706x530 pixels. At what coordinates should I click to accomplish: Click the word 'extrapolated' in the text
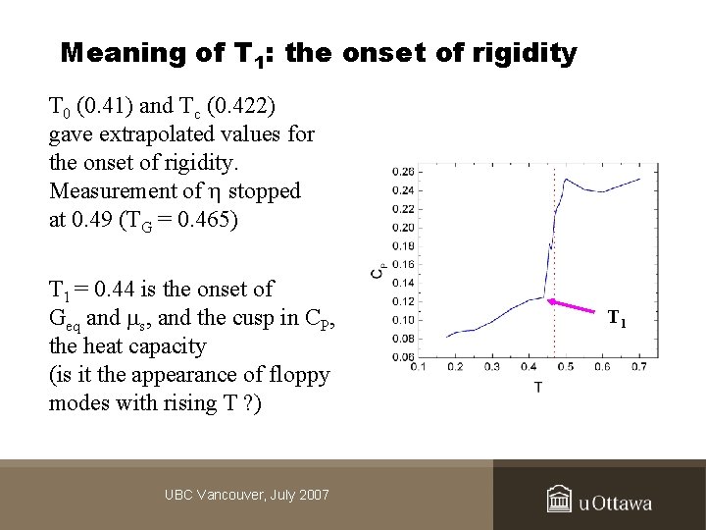pyautogui.click(x=147, y=133)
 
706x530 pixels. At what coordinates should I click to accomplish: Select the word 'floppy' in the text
pyautogui.click(x=300, y=375)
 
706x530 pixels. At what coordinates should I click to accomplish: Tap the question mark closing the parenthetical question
pyautogui.click(x=251, y=403)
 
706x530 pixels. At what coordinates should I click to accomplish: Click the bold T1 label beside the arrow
pyautogui.click(x=617, y=318)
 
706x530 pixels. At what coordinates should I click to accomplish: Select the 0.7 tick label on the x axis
pyautogui.click(x=639, y=367)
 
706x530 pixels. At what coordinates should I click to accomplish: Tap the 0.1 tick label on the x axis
pyautogui.click(x=417, y=367)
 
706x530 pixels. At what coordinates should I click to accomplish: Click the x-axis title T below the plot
pyautogui.click(x=538, y=387)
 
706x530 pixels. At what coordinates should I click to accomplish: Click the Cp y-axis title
pyautogui.click(x=377, y=272)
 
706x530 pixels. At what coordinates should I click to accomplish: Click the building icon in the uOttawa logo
pyautogui.click(x=559, y=500)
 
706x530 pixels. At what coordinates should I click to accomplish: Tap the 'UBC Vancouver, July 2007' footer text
pyautogui.click(x=246, y=495)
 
